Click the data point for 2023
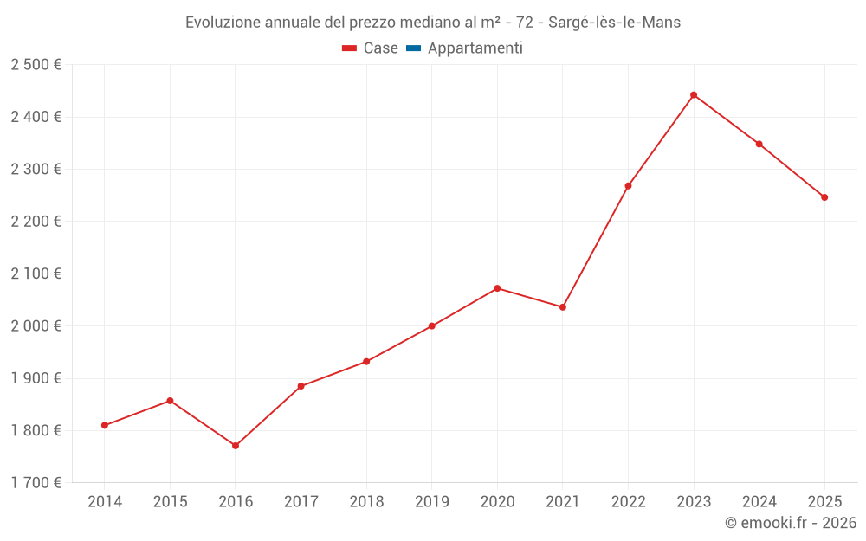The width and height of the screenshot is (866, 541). coord(694,95)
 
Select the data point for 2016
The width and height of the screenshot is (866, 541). coord(236,446)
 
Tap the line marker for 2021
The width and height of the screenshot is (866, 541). coord(563,307)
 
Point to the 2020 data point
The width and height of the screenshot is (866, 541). coord(497,288)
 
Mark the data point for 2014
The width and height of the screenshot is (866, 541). coord(105,425)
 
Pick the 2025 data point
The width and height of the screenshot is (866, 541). coord(824,197)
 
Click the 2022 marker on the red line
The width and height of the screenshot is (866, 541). coord(628,186)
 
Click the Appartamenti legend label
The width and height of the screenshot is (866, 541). coord(475,48)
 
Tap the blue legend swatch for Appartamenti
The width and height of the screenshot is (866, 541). coord(413,48)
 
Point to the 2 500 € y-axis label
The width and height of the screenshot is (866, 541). coord(36,65)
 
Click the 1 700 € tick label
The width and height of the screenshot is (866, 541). coord(36,483)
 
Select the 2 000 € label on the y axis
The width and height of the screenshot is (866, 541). coord(36,326)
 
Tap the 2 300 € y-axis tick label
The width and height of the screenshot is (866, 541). coord(36,170)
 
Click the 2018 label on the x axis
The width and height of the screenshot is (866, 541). coord(366,502)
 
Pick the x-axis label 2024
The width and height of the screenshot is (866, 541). coord(759,502)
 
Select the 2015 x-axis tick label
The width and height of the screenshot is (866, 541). coord(170,502)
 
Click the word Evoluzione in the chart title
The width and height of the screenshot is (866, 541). coord(221,23)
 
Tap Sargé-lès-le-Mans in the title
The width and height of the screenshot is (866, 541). coord(614,23)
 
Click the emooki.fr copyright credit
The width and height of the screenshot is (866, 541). coord(790,523)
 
